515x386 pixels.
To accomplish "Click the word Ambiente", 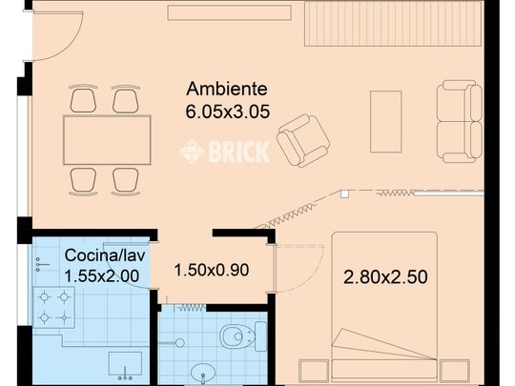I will [x=227, y=90].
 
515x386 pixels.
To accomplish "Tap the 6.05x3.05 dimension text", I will [x=227, y=112].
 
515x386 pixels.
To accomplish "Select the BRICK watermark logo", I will [x=225, y=152].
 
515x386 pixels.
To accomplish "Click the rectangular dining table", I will [x=107, y=140].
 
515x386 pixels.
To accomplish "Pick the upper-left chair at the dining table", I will [x=84, y=99].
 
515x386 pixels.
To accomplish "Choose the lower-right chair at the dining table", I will [x=126, y=180].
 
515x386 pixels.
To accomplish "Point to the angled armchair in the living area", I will [x=303, y=140].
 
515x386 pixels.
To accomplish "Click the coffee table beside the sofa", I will [x=386, y=121].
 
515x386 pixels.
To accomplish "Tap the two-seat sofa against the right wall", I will [x=459, y=121].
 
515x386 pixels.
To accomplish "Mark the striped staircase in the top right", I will [x=393, y=23].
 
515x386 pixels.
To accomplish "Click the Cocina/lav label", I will [x=102, y=255].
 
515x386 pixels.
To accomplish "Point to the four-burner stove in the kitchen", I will [x=53, y=308].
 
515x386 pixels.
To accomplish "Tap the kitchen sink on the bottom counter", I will [x=125, y=363].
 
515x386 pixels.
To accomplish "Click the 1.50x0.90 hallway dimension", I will [x=211, y=270].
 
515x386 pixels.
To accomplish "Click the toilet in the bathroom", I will [x=237, y=336].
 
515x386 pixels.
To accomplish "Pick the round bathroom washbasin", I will [x=203, y=372].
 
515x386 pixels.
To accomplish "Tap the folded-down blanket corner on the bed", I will [x=367, y=343].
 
